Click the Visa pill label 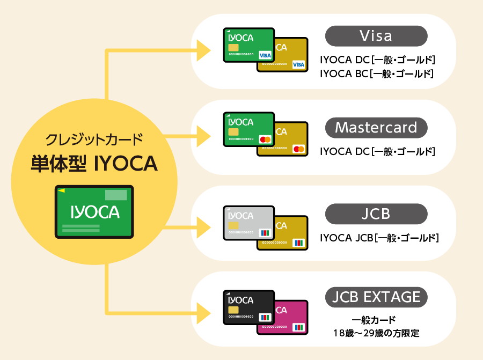pos(376,36)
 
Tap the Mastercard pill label pos(376,128)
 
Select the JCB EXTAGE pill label pos(376,297)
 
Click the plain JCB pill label pos(376,214)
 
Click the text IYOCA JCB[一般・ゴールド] pos(379,238)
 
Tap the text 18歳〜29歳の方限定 pos(376,333)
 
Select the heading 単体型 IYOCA pos(94,164)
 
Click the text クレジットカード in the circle pos(94,139)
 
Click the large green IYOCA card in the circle pos(94,212)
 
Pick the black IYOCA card pos(249,307)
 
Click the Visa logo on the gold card pos(298,65)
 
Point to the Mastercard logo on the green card pos(265,139)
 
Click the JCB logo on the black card pos(265,317)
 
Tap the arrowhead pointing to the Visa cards pos(203,50)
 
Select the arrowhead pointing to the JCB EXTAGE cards pos(203,313)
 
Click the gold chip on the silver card pos(233,225)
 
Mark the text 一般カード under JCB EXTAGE pos(374,320)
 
